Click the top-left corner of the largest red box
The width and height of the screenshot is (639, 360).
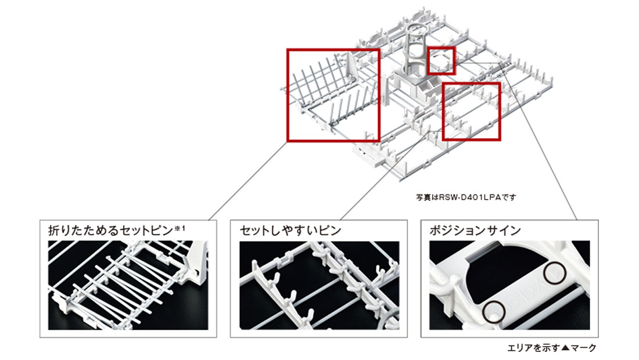(288, 49)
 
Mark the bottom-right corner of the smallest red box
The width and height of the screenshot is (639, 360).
(455, 74)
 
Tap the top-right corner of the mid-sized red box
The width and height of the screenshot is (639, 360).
(500, 82)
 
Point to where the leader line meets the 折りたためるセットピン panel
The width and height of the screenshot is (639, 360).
(209, 220)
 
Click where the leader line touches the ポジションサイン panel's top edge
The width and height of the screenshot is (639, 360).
(577, 220)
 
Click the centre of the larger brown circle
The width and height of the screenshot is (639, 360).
(555, 272)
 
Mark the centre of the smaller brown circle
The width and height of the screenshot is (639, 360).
(494, 312)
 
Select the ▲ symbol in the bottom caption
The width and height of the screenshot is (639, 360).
(565, 348)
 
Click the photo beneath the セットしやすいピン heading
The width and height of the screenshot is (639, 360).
(319, 285)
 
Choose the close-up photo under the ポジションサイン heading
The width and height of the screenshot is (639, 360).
(509, 285)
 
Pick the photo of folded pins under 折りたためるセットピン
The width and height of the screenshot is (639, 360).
(128, 285)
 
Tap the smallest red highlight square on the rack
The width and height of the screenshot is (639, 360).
(441, 61)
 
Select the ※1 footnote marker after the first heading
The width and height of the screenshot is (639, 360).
(180, 228)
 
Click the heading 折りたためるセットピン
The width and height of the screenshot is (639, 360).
(111, 231)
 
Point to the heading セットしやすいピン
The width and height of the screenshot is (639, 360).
(290, 231)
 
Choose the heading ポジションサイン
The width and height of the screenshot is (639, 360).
(475, 231)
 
